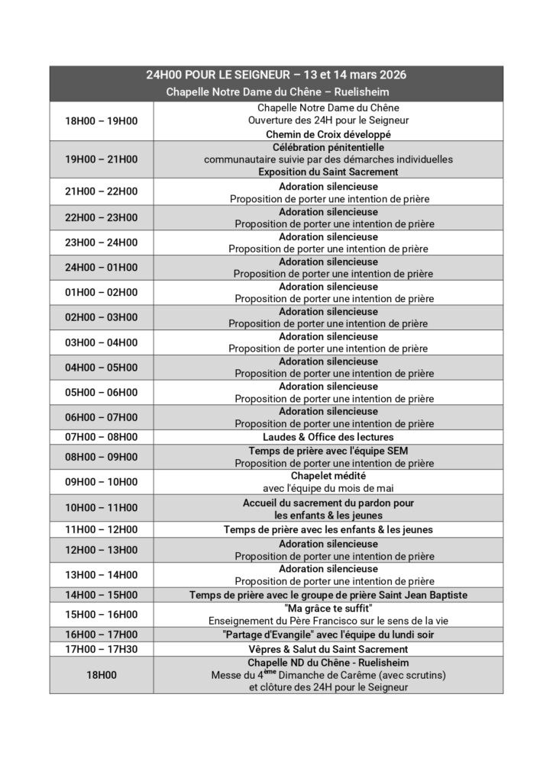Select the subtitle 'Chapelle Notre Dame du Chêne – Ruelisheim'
coord(276,92)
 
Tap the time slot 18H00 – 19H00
coord(102,121)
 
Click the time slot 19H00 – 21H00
coord(102,159)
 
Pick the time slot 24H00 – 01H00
coord(102,268)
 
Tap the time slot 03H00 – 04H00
coord(102,342)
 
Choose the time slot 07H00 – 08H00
coord(102,437)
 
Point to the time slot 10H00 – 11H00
coord(102,508)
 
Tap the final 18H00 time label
coord(102,675)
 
